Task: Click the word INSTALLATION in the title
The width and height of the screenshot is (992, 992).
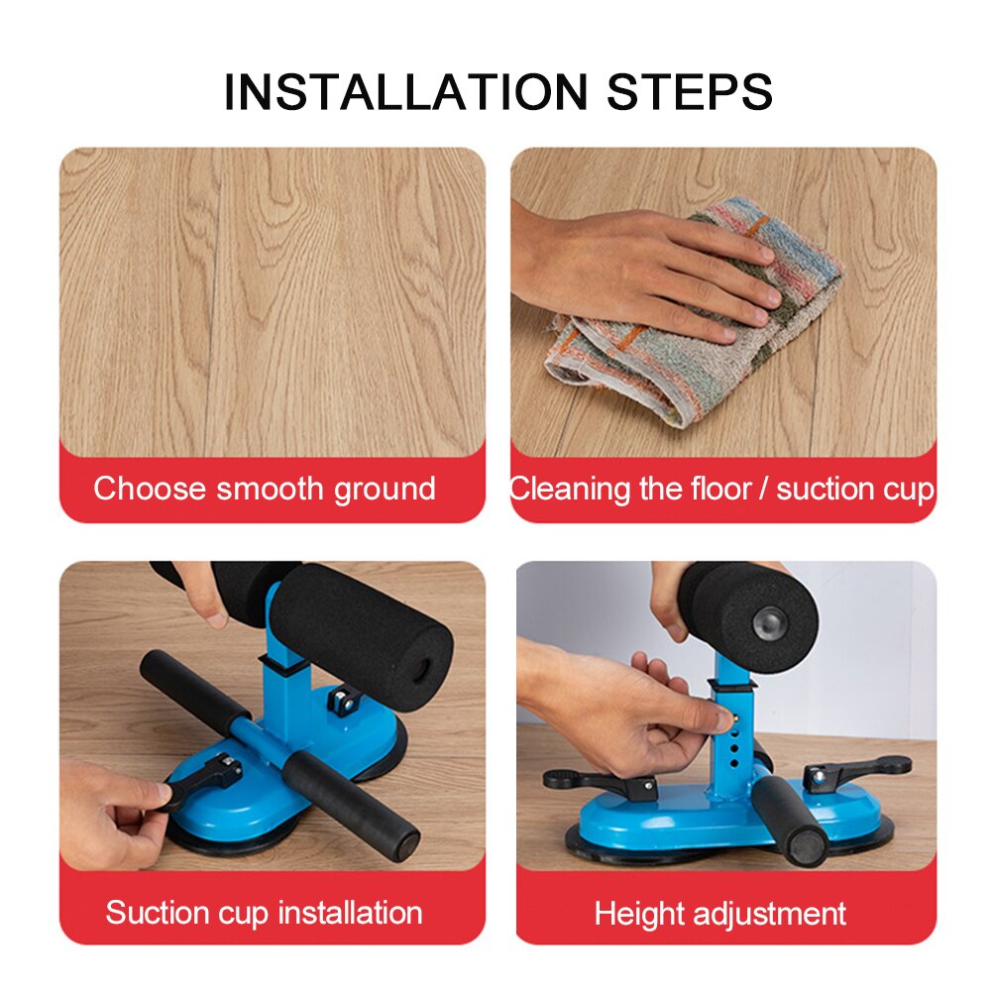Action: tap(405, 91)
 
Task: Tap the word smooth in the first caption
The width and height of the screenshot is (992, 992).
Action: tap(270, 489)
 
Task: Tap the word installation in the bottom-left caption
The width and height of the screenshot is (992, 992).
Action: tap(345, 913)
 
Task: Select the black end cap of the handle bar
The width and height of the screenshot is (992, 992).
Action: tap(404, 845)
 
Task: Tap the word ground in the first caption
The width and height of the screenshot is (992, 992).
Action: tap(384, 489)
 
